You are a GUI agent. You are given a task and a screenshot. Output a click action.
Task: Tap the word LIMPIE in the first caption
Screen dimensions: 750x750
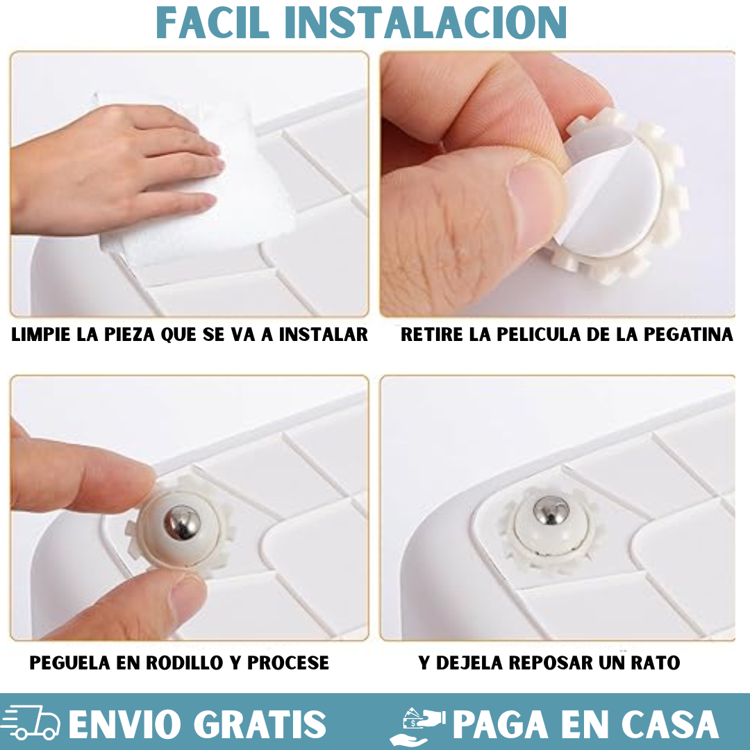pos(40,335)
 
